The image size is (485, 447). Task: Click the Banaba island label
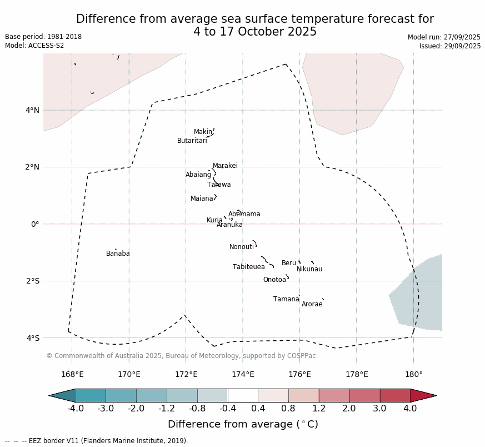click(x=118, y=254)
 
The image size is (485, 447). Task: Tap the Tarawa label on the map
click(x=219, y=185)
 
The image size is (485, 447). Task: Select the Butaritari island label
click(x=192, y=141)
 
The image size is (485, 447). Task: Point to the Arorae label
click(x=312, y=304)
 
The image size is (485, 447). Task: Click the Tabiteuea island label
click(x=249, y=267)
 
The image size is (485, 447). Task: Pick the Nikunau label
click(x=309, y=269)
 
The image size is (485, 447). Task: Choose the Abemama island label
click(x=244, y=214)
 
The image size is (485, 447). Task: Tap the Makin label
click(x=203, y=132)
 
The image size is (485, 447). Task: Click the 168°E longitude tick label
click(x=72, y=374)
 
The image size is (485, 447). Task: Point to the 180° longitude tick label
click(x=413, y=374)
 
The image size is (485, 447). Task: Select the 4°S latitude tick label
click(x=33, y=338)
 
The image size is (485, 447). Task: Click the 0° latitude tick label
click(x=35, y=224)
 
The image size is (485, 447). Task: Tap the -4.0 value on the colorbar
click(x=76, y=409)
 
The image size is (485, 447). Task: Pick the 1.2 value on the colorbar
click(x=319, y=409)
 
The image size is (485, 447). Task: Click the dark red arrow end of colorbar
click(x=423, y=395)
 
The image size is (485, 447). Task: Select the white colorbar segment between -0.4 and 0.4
click(x=243, y=395)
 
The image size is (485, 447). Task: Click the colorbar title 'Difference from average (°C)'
click(x=243, y=424)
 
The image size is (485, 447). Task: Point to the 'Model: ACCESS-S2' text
click(x=34, y=46)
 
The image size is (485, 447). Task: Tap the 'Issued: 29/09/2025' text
click(x=450, y=46)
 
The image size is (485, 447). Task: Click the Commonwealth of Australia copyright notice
click(x=181, y=356)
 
